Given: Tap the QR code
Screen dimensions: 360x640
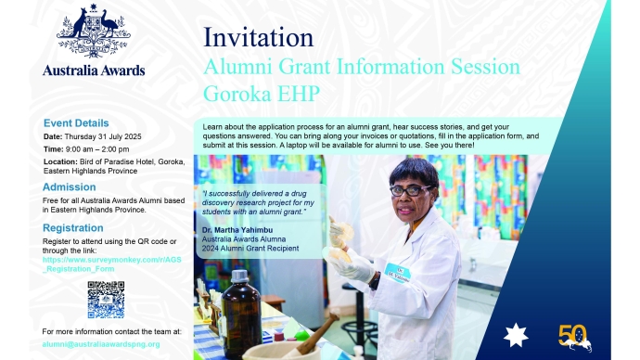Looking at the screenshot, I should (x=106, y=299).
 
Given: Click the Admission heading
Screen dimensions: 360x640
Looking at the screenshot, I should (x=69, y=186).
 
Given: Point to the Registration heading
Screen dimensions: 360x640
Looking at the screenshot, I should (x=73, y=227).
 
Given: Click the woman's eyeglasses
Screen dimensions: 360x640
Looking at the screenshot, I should (x=411, y=190).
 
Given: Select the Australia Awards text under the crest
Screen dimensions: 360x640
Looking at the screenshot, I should (x=93, y=71).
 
